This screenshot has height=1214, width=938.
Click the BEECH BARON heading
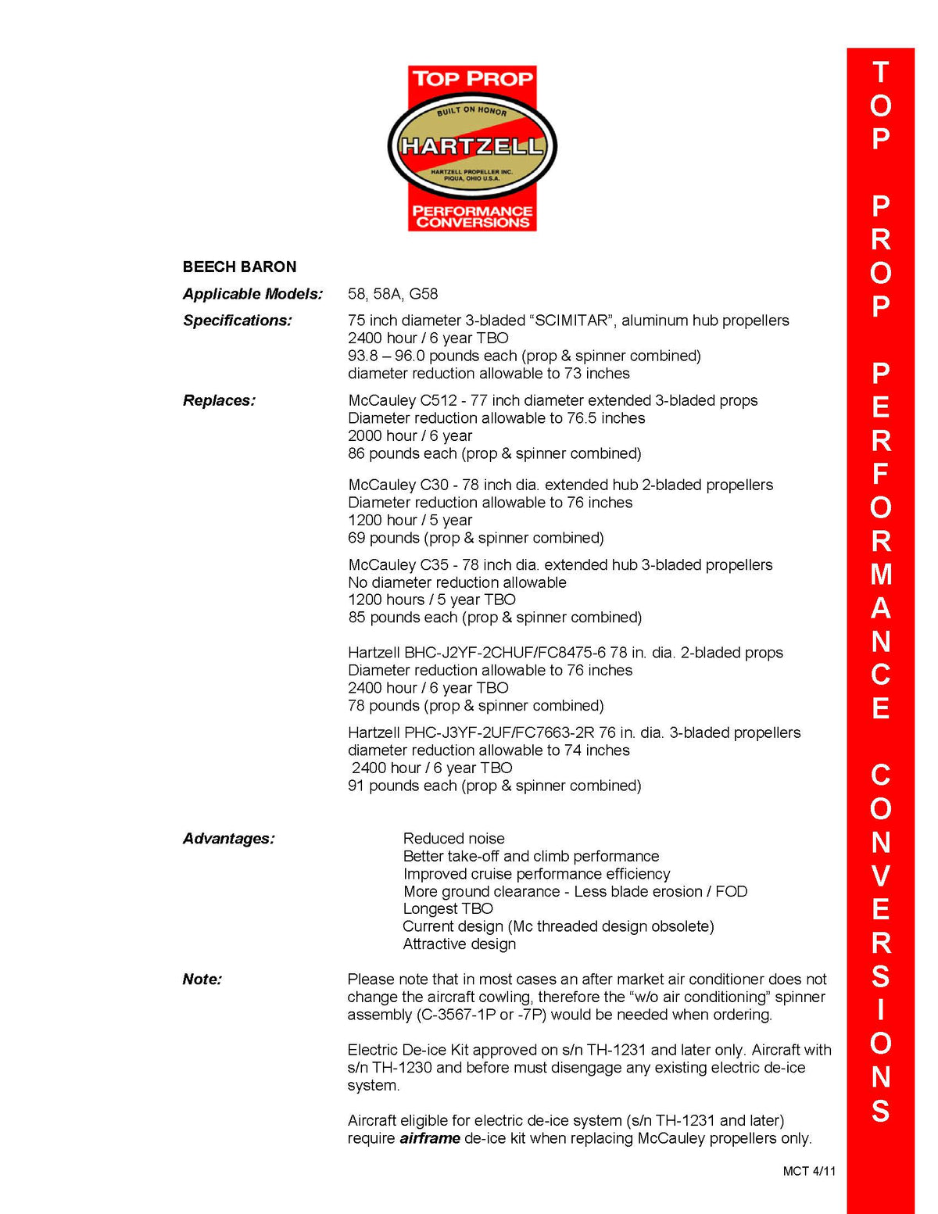[x=239, y=267]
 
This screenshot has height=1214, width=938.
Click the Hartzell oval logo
[x=472, y=145]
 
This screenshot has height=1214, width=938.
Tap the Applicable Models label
[x=252, y=294]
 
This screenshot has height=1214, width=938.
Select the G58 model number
[x=424, y=294]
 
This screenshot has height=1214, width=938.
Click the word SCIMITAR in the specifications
[x=569, y=321]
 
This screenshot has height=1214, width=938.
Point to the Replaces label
[x=219, y=400]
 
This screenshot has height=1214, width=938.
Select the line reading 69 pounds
[x=475, y=538]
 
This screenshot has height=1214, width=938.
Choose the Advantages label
[x=228, y=839]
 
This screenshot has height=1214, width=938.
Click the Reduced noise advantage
[x=453, y=839]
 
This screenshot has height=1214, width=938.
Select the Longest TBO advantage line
[x=448, y=908]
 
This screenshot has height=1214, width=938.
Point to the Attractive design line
[x=459, y=944]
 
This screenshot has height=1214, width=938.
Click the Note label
[x=202, y=979]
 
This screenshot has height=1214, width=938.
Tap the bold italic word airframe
[x=429, y=1138]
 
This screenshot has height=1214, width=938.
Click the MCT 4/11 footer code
[x=809, y=1171]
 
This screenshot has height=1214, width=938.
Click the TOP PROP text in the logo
[x=472, y=79]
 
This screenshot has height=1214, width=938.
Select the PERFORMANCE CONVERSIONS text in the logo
[x=472, y=217]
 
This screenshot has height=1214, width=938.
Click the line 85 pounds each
[x=494, y=618]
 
